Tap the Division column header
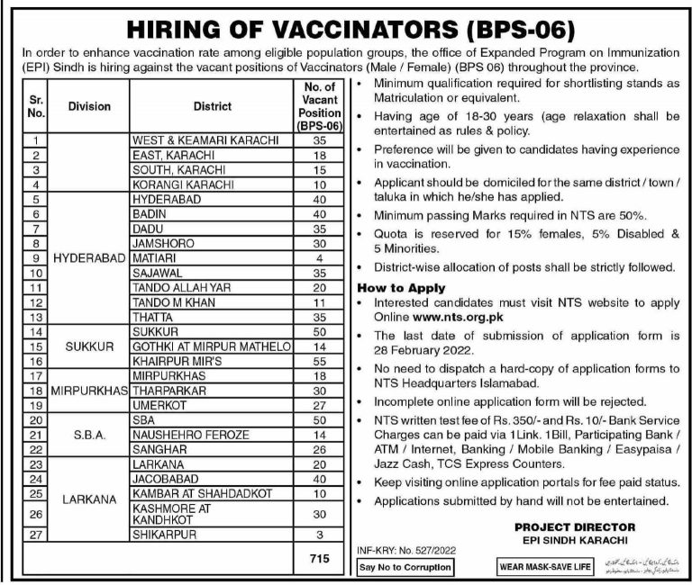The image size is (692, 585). pos(88,106)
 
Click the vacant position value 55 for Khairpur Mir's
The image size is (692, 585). pos(318,359)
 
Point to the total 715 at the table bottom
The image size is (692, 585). pos(318,558)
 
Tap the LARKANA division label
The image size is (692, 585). pos(88,496)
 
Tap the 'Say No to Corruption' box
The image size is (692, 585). pos(404,568)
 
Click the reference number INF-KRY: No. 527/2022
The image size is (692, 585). pos(402,546)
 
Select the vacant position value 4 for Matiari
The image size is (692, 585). pos(318,256)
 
